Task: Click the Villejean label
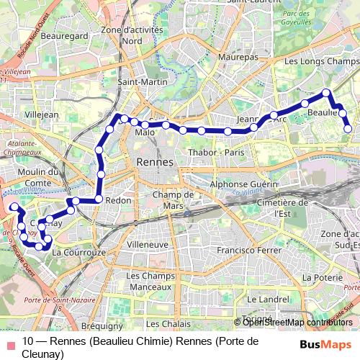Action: (x=42, y=114)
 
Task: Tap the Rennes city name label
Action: (x=154, y=163)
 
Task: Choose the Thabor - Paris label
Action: (x=216, y=153)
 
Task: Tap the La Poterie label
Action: (x=319, y=276)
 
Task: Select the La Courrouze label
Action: (x=79, y=253)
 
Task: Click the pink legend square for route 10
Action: (x=9, y=343)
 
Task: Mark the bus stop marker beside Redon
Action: (x=98, y=199)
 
